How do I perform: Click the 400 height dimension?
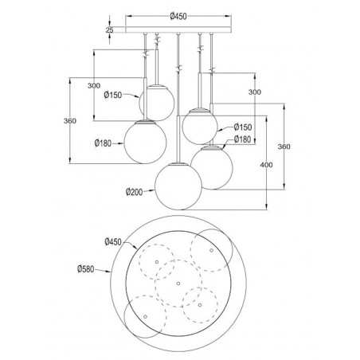pyautogui.click(x=265, y=164)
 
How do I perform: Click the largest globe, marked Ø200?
pyautogui.click(x=177, y=186)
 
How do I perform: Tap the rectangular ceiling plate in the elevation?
pyautogui.click(x=178, y=30)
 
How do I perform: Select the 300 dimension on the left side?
pyautogui.click(x=95, y=85)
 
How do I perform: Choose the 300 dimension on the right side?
pyautogui.click(x=254, y=92)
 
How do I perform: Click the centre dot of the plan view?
pyautogui.click(x=178, y=283)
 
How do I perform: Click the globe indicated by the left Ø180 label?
pyautogui.click(x=146, y=142)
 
